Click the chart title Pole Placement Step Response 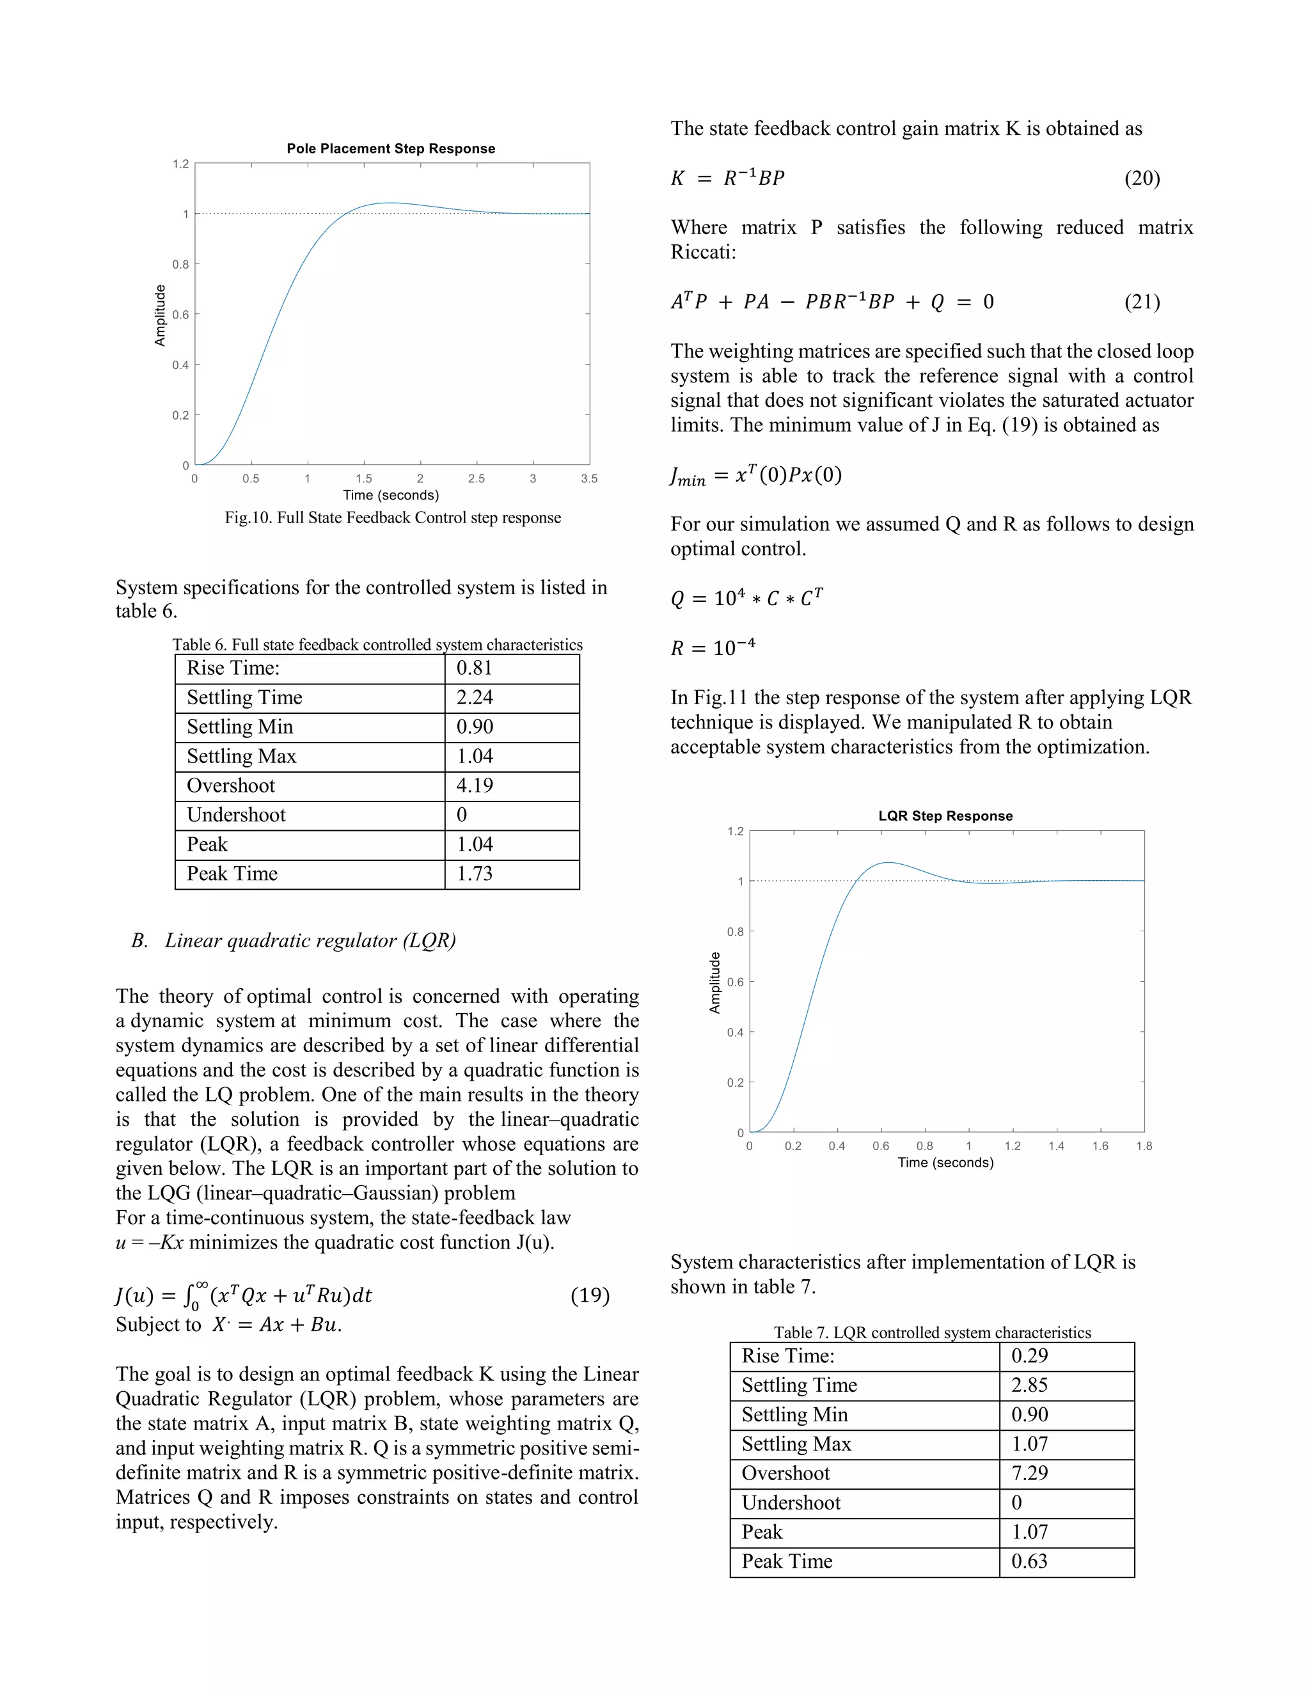click(x=390, y=148)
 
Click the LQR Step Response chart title click(x=945, y=816)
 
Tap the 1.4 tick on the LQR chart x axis click(x=1056, y=1146)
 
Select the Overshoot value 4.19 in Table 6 click(x=474, y=785)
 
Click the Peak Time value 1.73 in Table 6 click(x=474, y=874)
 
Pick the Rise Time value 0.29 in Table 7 click(x=1029, y=1356)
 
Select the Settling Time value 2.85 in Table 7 click(x=1029, y=1385)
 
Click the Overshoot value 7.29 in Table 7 click(x=1029, y=1473)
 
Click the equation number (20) click(x=1142, y=178)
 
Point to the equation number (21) click(x=1142, y=302)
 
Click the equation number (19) click(x=590, y=1295)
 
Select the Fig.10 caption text click(x=393, y=517)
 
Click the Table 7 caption click(x=931, y=1332)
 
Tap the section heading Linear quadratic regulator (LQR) click(x=310, y=941)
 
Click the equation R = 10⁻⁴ click(x=713, y=647)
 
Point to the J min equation click(x=756, y=475)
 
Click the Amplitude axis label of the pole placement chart click(x=160, y=315)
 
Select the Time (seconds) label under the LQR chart click(x=945, y=1163)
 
